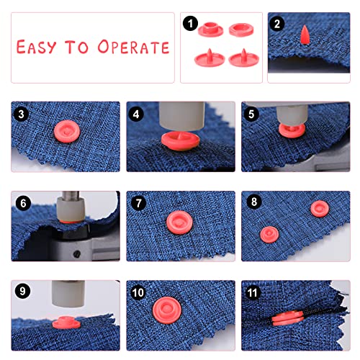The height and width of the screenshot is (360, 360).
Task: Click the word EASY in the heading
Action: click(x=37, y=47)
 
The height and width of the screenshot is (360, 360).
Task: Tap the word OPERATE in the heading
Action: click(x=133, y=47)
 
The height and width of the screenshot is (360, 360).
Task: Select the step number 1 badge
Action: click(x=190, y=24)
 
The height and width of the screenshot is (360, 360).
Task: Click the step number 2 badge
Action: click(x=277, y=24)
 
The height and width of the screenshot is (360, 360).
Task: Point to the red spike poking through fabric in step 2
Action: click(x=305, y=35)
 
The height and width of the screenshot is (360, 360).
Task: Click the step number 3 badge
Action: click(x=22, y=114)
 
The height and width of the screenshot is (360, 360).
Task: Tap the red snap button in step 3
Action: click(x=66, y=132)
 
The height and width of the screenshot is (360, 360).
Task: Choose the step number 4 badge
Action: click(x=136, y=114)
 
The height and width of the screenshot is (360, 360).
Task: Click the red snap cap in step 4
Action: click(x=180, y=141)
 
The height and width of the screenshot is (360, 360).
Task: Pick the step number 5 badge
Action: click(x=251, y=114)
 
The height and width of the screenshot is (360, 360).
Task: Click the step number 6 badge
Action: click(x=23, y=203)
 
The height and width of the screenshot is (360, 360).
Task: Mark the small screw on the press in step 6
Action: click(x=77, y=254)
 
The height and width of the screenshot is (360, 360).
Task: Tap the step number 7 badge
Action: click(x=138, y=203)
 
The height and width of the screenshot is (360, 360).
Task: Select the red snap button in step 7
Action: click(x=179, y=222)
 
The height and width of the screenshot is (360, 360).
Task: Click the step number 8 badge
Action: click(x=254, y=202)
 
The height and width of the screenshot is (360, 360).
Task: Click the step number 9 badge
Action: click(x=22, y=291)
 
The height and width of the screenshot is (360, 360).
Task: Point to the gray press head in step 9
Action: click(x=68, y=294)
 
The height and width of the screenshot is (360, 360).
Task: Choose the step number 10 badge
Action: click(x=138, y=292)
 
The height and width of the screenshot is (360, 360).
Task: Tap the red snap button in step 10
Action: click(x=167, y=310)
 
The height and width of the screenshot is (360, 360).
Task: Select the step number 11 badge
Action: click(x=253, y=292)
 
